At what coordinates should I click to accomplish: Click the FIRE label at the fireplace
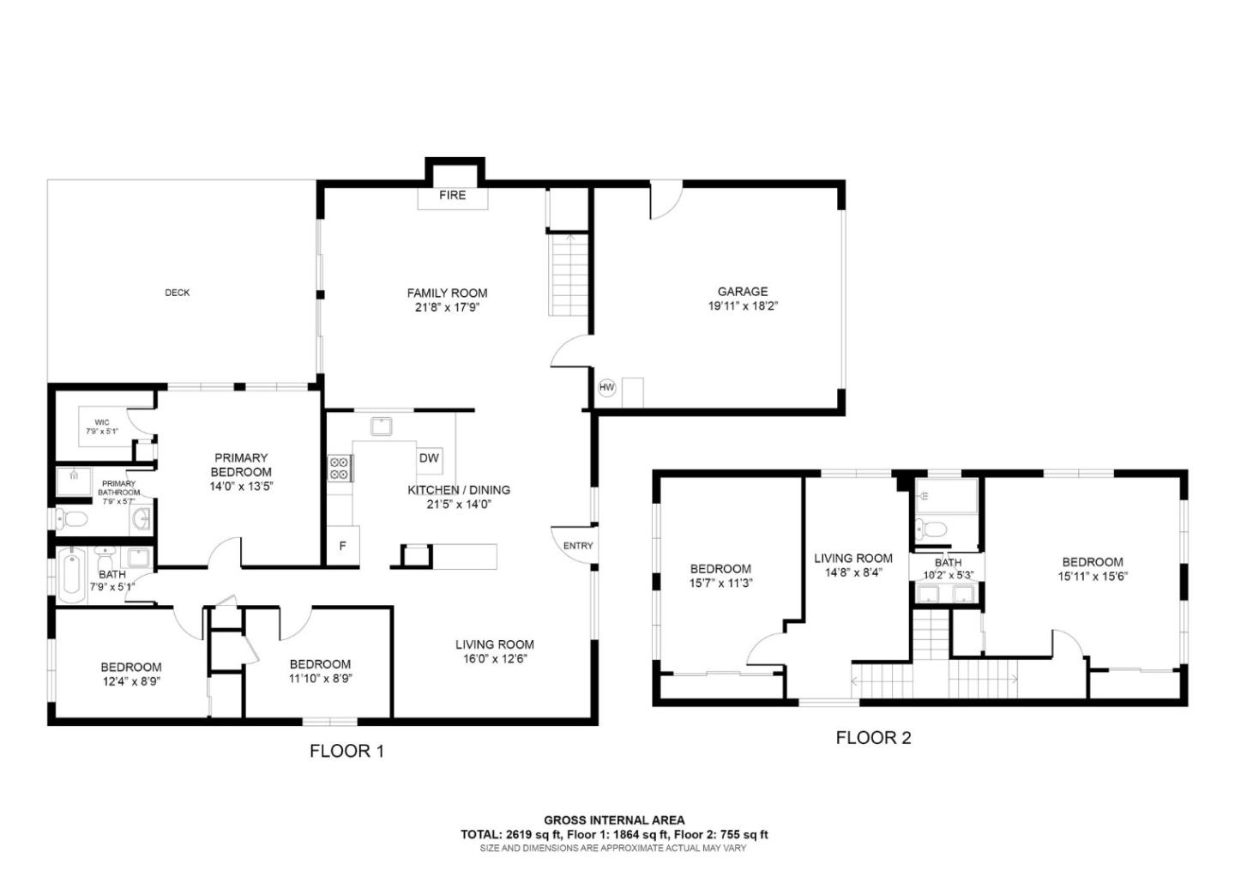452,195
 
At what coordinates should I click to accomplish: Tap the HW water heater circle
607,388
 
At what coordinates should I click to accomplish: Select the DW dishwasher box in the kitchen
429,458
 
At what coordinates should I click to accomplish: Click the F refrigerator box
342,546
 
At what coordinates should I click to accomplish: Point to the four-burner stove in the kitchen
340,468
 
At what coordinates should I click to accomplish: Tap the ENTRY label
578,546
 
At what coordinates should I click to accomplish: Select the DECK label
178,293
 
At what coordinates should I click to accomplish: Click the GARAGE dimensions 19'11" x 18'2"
743,305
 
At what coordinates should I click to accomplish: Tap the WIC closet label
101,422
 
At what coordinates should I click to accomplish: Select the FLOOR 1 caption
346,752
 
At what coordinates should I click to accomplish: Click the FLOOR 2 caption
873,737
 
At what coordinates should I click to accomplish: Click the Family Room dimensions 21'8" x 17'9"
447,307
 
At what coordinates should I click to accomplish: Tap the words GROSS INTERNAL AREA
614,820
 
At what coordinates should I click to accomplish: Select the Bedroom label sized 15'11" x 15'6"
1092,562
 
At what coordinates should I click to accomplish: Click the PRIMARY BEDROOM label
241,464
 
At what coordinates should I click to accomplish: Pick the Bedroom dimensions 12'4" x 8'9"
131,681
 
